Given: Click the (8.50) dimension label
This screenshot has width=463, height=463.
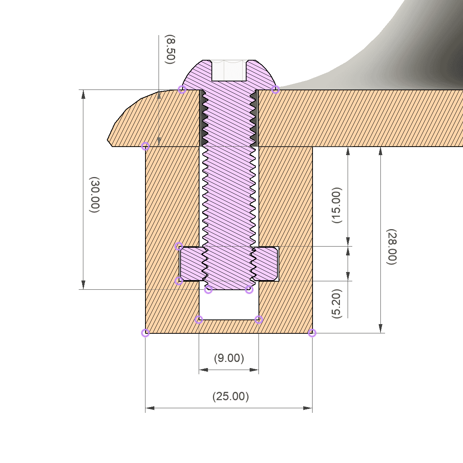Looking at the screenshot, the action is pyautogui.click(x=170, y=49).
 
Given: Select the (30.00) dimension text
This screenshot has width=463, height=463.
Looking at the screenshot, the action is pyautogui.click(x=95, y=194).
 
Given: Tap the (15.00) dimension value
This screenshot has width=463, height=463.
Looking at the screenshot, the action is pyautogui.click(x=336, y=205).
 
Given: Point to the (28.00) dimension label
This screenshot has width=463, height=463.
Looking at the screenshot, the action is pyautogui.click(x=391, y=247).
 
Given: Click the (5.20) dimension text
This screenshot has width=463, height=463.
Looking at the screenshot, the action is pyautogui.click(x=336, y=304).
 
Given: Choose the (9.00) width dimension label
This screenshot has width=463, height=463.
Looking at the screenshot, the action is pyautogui.click(x=229, y=358).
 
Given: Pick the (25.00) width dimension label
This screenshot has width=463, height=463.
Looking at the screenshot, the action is pyautogui.click(x=231, y=396).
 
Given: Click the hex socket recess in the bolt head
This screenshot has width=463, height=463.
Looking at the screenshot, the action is pyautogui.click(x=229, y=70).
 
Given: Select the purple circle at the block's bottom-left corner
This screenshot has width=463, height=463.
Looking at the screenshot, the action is pyautogui.click(x=145, y=333).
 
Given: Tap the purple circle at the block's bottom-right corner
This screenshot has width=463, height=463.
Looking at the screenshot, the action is pyautogui.click(x=312, y=333).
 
